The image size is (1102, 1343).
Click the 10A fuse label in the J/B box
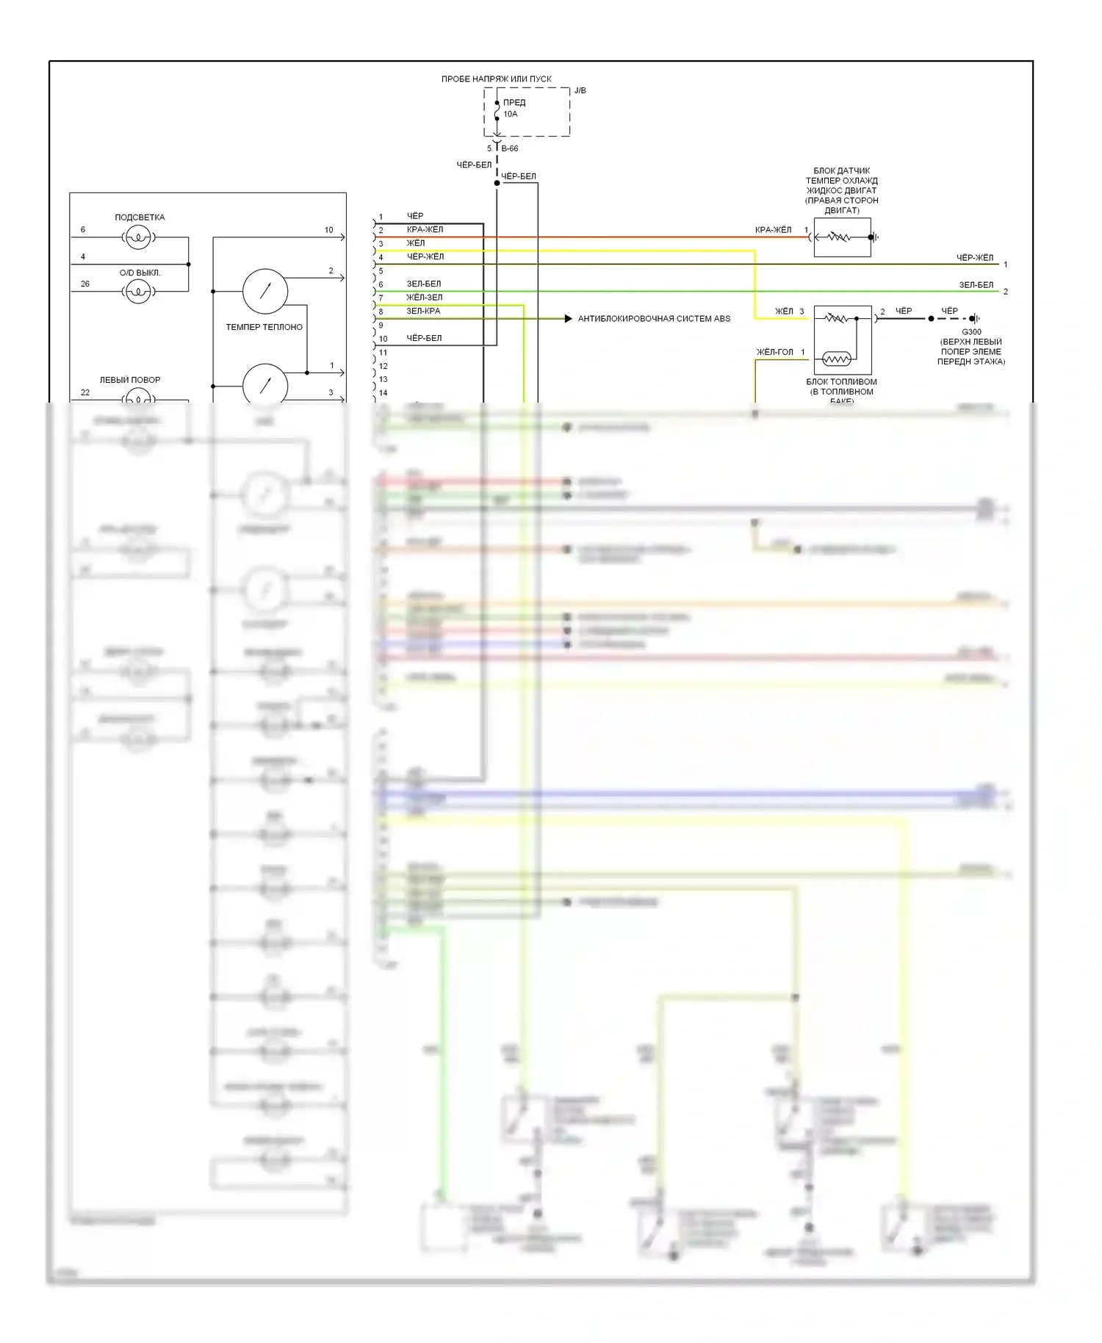click(x=511, y=115)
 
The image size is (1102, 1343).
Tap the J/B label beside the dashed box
click(x=580, y=91)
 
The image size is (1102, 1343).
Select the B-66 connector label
click(x=510, y=148)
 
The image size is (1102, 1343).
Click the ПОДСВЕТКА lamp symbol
click(x=138, y=237)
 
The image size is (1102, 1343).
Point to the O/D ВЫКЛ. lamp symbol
click(x=138, y=292)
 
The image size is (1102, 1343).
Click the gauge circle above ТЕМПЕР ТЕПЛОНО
click(x=265, y=291)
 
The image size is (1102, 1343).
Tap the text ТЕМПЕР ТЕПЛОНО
click(x=264, y=327)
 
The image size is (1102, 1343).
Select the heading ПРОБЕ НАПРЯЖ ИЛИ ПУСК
click(x=496, y=79)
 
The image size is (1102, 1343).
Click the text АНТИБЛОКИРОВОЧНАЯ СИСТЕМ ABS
click(x=654, y=319)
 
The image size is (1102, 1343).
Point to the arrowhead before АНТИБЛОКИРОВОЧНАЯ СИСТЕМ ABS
click(x=568, y=319)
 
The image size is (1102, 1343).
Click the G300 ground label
click(x=971, y=332)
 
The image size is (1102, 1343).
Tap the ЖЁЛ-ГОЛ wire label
click(x=775, y=352)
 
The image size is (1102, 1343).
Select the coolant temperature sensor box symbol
click(x=842, y=237)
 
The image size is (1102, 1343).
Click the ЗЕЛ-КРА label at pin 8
click(x=423, y=311)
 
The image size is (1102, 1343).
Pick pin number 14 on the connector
click(x=383, y=393)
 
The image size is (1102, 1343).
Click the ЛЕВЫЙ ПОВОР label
click(x=130, y=380)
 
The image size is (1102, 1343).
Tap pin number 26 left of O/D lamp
click(x=85, y=284)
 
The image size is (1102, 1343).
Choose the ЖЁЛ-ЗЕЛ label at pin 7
click(x=424, y=298)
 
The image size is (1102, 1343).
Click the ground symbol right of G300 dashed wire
click(x=974, y=319)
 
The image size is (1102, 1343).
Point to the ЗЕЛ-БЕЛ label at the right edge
click(x=976, y=285)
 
